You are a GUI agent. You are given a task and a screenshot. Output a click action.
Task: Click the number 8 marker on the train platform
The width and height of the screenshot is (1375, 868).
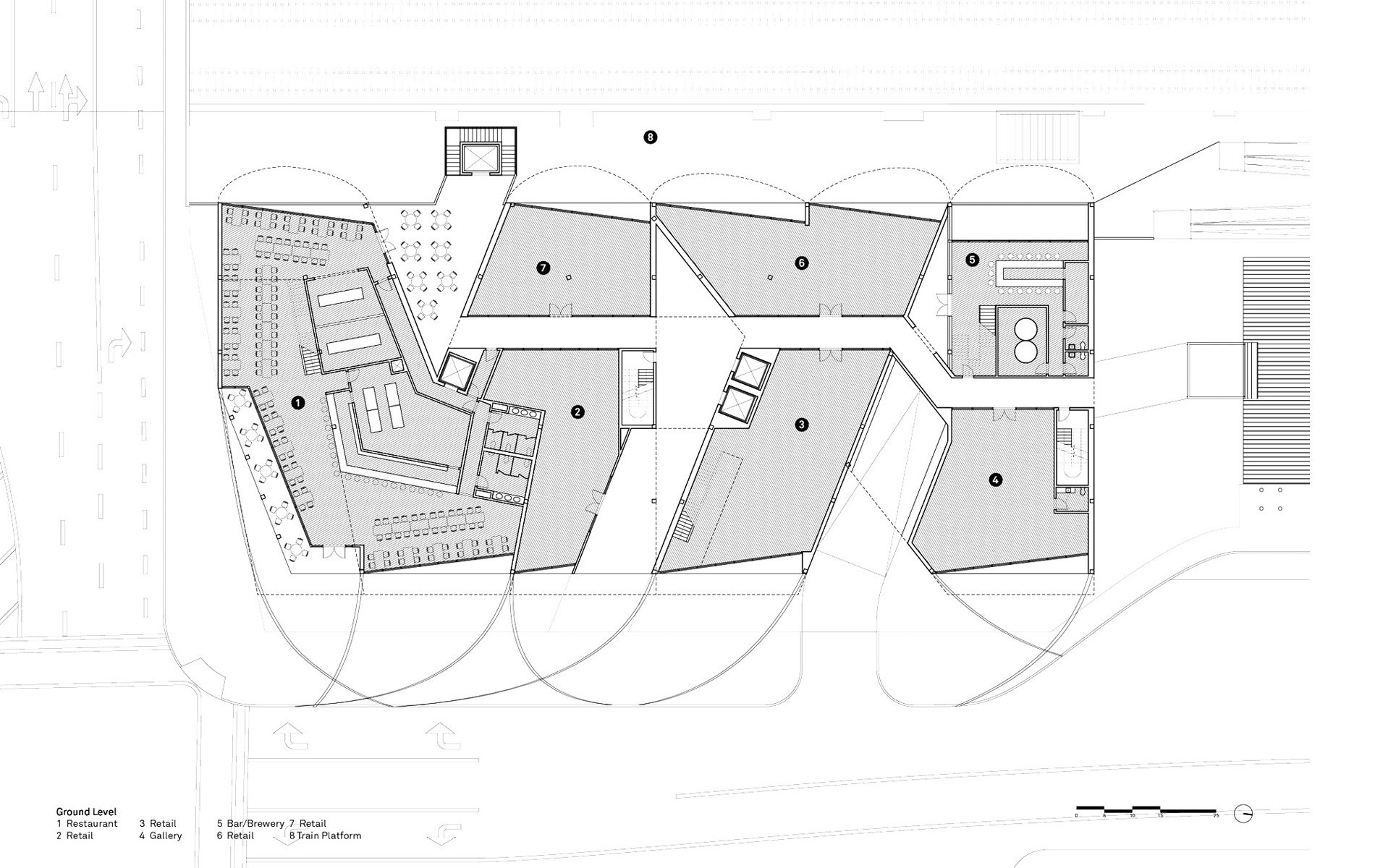click(650, 137)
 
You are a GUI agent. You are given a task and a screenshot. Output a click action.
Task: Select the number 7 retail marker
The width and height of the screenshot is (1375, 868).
click(543, 268)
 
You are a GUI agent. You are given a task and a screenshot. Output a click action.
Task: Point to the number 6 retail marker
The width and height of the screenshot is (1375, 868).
click(800, 263)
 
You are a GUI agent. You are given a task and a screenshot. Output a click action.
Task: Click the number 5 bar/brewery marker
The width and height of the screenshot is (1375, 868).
click(972, 258)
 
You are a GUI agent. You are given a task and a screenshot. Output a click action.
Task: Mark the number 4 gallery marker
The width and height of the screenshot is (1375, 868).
click(996, 479)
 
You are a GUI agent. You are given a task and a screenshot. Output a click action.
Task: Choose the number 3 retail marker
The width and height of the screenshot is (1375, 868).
click(800, 425)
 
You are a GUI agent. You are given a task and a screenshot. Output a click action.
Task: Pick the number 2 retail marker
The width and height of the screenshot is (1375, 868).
click(577, 412)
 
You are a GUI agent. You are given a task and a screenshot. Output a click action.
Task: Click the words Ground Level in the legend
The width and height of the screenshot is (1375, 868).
click(86, 812)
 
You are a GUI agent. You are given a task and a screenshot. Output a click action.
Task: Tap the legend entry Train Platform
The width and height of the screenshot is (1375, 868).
click(329, 835)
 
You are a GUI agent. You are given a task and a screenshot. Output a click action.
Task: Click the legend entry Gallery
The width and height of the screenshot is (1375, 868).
click(166, 835)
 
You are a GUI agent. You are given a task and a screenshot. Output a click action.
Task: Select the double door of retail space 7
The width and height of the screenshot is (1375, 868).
click(559, 311)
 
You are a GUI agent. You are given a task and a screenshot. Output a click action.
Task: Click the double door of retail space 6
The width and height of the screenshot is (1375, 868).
click(831, 311)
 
